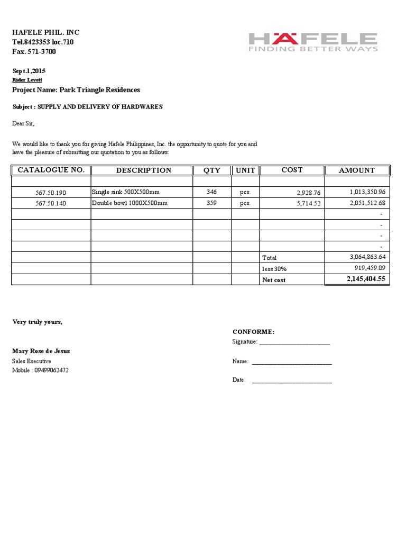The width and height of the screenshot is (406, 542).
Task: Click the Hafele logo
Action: tap(313, 42)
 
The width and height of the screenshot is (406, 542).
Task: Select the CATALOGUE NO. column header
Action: tap(51, 170)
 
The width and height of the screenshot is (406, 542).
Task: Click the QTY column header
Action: tap(212, 170)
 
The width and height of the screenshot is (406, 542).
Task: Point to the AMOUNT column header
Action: tap(357, 170)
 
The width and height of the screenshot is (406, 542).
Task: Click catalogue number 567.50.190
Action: tap(51, 192)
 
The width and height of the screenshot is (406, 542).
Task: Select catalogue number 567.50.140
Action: tap(51, 203)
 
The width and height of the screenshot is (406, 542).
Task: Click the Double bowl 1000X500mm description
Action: tap(130, 203)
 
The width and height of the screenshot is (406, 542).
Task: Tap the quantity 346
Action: tap(211, 192)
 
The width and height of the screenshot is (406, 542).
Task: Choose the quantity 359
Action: tap(211, 203)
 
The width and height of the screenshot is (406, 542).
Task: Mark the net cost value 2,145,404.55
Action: tap(366, 279)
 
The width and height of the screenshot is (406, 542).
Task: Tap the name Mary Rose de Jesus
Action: tap(41, 351)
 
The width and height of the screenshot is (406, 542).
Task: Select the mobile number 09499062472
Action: tap(51, 370)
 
